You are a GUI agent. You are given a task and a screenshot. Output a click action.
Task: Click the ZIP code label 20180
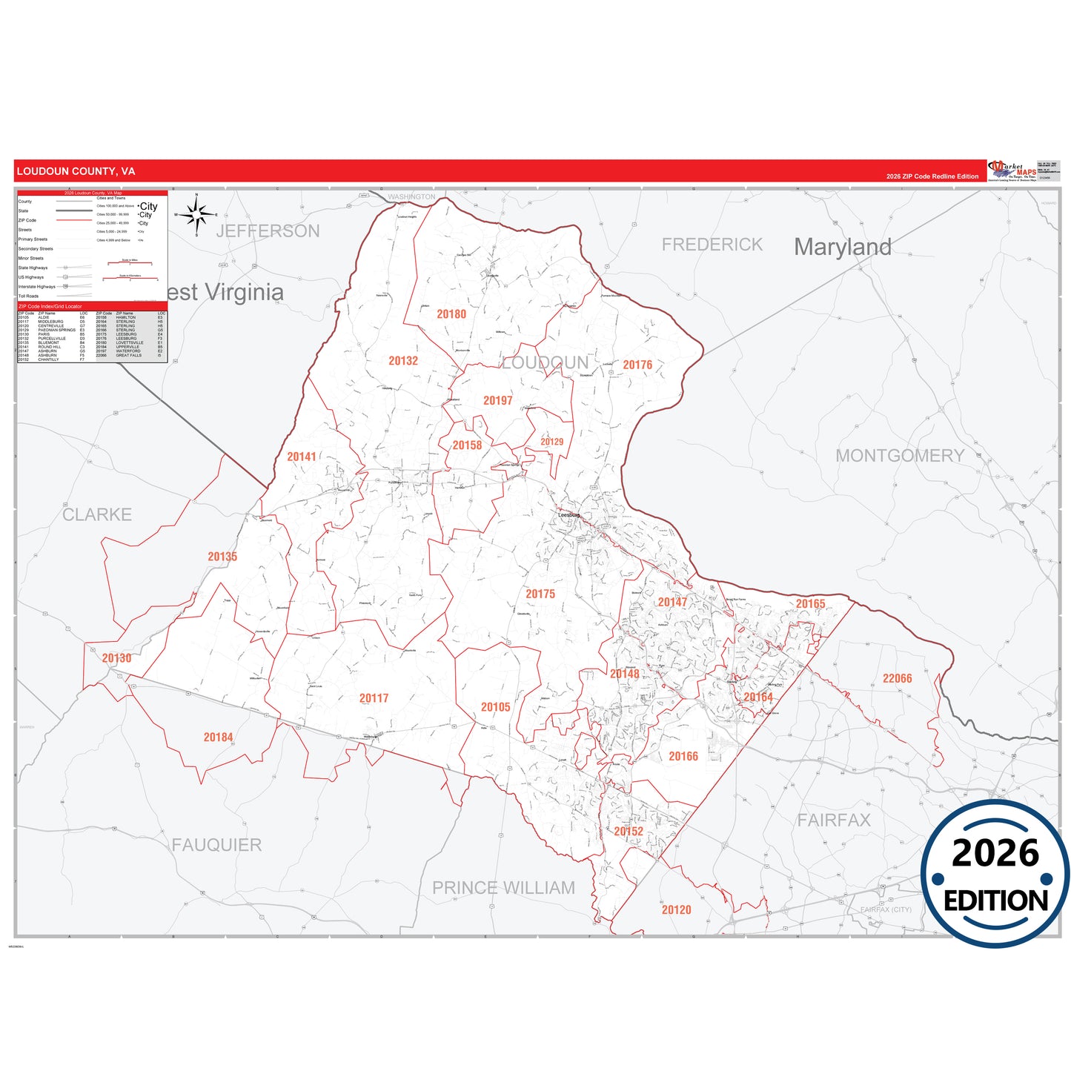tap(451, 314)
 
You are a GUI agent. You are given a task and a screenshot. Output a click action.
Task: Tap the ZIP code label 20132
tap(403, 361)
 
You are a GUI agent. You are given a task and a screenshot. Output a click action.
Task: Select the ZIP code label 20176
tap(637, 365)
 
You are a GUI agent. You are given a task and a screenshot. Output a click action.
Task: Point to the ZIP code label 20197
tap(498, 400)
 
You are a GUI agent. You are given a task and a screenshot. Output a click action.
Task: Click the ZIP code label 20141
tap(302, 457)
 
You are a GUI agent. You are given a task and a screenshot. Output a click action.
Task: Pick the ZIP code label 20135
tap(222, 557)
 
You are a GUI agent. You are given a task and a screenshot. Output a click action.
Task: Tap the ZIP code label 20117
tap(374, 698)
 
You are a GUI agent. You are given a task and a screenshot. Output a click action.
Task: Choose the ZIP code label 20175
tap(540, 594)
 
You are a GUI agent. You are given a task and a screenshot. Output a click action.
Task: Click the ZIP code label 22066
tap(897, 678)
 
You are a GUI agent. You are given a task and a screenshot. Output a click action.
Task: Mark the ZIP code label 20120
tap(676, 909)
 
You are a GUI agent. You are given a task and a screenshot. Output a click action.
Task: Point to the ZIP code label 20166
tap(683, 756)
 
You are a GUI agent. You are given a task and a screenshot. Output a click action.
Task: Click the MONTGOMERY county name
tap(900, 456)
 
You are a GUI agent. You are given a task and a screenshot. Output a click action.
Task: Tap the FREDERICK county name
tap(712, 245)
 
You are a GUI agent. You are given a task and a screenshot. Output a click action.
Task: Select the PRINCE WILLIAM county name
tap(503, 887)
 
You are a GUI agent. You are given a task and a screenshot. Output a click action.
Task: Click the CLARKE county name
tap(97, 514)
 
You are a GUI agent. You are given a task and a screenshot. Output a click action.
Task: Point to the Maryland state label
tap(843, 247)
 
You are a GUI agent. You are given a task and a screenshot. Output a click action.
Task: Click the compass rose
tap(197, 215)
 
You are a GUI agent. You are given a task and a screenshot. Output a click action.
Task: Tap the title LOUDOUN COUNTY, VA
tap(76, 171)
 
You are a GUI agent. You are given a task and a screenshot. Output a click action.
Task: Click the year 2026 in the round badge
tap(995, 853)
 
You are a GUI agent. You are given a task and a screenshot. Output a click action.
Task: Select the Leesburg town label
tap(569, 514)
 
